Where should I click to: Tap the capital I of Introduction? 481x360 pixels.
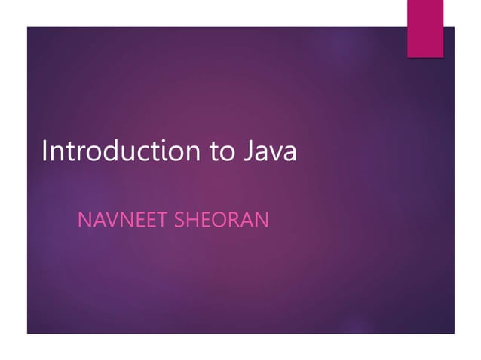(x=45, y=151)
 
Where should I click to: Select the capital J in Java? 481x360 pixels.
(x=248, y=151)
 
